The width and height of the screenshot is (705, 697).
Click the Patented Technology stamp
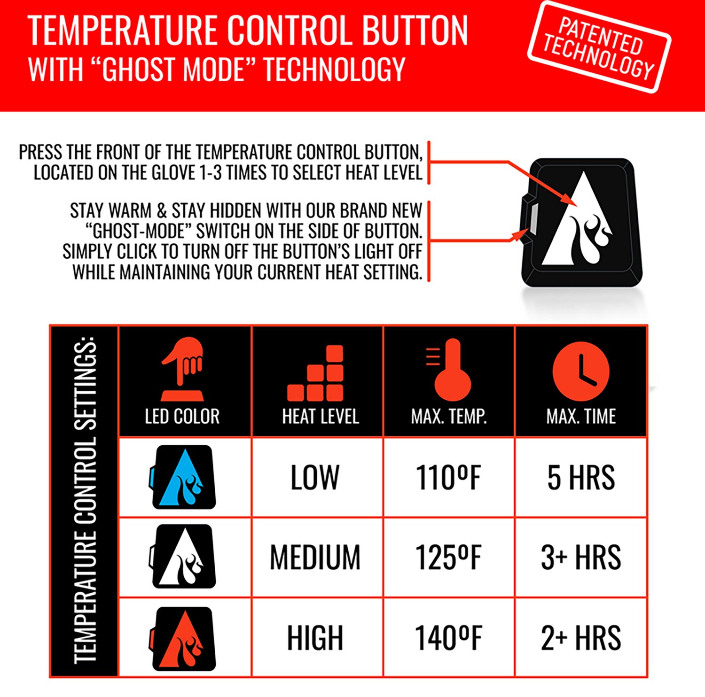coord(599,47)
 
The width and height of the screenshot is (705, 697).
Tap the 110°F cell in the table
coord(449,478)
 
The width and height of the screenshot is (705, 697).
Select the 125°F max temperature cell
coord(449,558)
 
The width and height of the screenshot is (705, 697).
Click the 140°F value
coord(449,638)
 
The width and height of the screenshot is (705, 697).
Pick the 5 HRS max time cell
coord(581,478)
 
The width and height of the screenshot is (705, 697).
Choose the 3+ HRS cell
coord(581,558)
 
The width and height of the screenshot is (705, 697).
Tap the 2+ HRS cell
coord(581,638)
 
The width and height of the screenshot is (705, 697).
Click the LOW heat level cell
coord(315,478)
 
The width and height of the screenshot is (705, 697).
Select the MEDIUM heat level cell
coord(315,558)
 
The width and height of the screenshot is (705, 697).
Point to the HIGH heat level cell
coord(315,638)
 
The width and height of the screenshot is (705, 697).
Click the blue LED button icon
coord(183,477)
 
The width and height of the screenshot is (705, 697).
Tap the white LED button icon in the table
coord(183,557)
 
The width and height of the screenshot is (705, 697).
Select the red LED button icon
coord(183,638)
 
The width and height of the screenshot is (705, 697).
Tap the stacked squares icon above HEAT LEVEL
coord(316,374)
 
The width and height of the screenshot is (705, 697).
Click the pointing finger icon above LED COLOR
coord(182,369)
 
